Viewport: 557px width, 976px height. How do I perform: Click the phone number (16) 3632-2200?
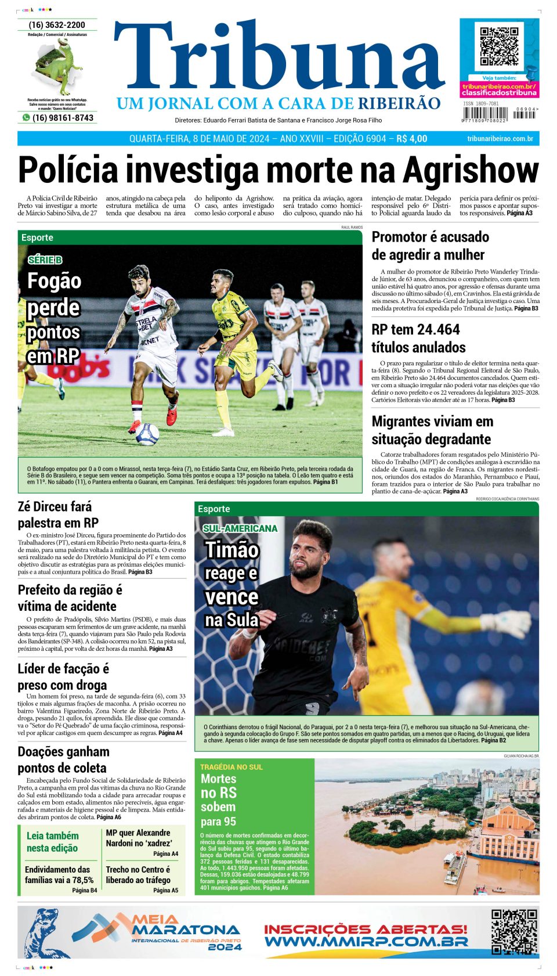(57, 25)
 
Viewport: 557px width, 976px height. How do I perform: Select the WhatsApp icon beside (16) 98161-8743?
(26, 118)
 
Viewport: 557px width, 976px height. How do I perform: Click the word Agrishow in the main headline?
(471, 171)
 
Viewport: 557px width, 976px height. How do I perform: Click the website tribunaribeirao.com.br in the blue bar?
(500, 139)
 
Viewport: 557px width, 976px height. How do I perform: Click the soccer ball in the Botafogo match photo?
(147, 434)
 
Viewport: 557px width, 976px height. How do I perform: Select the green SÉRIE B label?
(45, 260)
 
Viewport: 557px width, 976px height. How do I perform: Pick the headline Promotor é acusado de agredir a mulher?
(430, 246)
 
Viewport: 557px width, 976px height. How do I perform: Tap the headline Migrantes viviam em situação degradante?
(432, 430)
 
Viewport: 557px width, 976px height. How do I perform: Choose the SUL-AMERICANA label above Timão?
(240, 528)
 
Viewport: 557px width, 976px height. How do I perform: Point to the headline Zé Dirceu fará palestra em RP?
(58, 514)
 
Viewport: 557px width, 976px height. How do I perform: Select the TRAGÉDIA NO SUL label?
(231, 767)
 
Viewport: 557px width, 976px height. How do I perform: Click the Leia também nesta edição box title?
(52, 842)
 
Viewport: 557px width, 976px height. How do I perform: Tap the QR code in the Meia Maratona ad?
(514, 932)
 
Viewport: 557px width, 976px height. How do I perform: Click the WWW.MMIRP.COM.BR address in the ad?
(366, 942)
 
